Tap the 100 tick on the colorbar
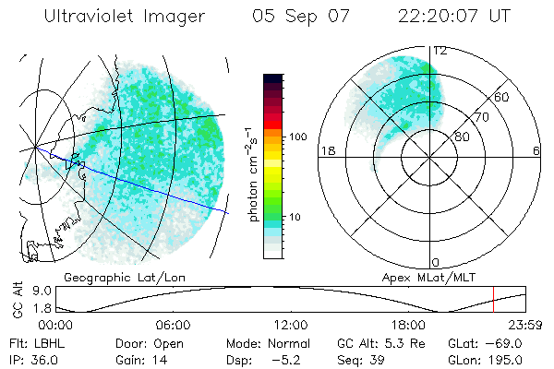298,137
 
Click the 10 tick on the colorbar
295,218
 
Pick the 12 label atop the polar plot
440,51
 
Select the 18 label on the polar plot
326,150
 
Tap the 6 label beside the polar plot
536,150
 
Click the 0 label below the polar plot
436,262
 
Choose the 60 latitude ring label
502,97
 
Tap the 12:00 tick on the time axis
290,326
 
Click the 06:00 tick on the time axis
173,326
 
